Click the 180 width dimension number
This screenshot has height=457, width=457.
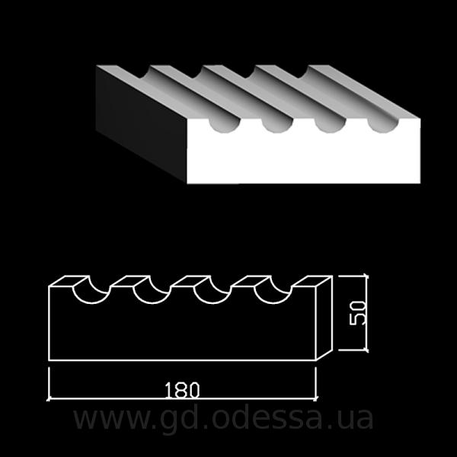pyautogui.click(x=182, y=390)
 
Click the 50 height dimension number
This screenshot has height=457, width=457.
pyautogui.click(x=357, y=313)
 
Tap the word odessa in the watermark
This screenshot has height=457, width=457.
pyautogui.click(x=268, y=418)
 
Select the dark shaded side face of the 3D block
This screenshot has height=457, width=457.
pyautogui.click(x=142, y=124)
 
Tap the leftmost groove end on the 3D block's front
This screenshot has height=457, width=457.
pyautogui.click(x=225, y=126)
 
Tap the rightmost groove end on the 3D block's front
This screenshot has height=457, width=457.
pyautogui.click(x=382, y=126)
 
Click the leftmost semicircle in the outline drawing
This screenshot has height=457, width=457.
pyautogui.click(x=91, y=302)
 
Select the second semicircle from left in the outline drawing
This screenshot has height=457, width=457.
pyautogui.click(x=152, y=302)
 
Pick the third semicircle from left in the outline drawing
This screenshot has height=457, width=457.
pyautogui.click(x=213, y=302)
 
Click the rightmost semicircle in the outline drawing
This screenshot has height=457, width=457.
pyautogui.click(x=273, y=302)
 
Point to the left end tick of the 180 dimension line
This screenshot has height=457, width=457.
pyautogui.click(x=49, y=398)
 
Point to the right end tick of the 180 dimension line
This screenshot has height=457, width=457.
pyautogui.click(x=316, y=398)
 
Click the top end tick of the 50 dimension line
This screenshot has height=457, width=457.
pyautogui.click(x=366, y=276)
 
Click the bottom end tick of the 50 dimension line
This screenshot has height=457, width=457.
pyautogui.click(x=366, y=350)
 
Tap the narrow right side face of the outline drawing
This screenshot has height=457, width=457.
pyautogui.click(x=324, y=318)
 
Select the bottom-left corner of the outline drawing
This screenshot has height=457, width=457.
pyautogui.click(x=49, y=360)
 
